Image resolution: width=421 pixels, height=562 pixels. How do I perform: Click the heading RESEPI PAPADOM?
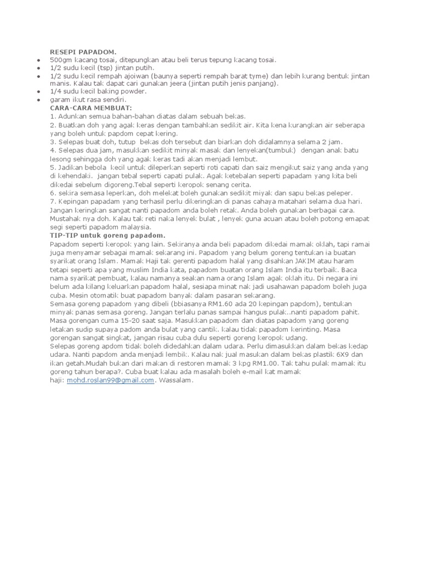[83, 51]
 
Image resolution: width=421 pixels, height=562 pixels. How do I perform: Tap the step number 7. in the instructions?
[53, 202]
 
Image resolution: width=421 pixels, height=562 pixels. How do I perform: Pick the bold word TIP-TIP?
[65, 235]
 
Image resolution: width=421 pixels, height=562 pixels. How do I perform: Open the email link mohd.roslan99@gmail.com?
[110, 380]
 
